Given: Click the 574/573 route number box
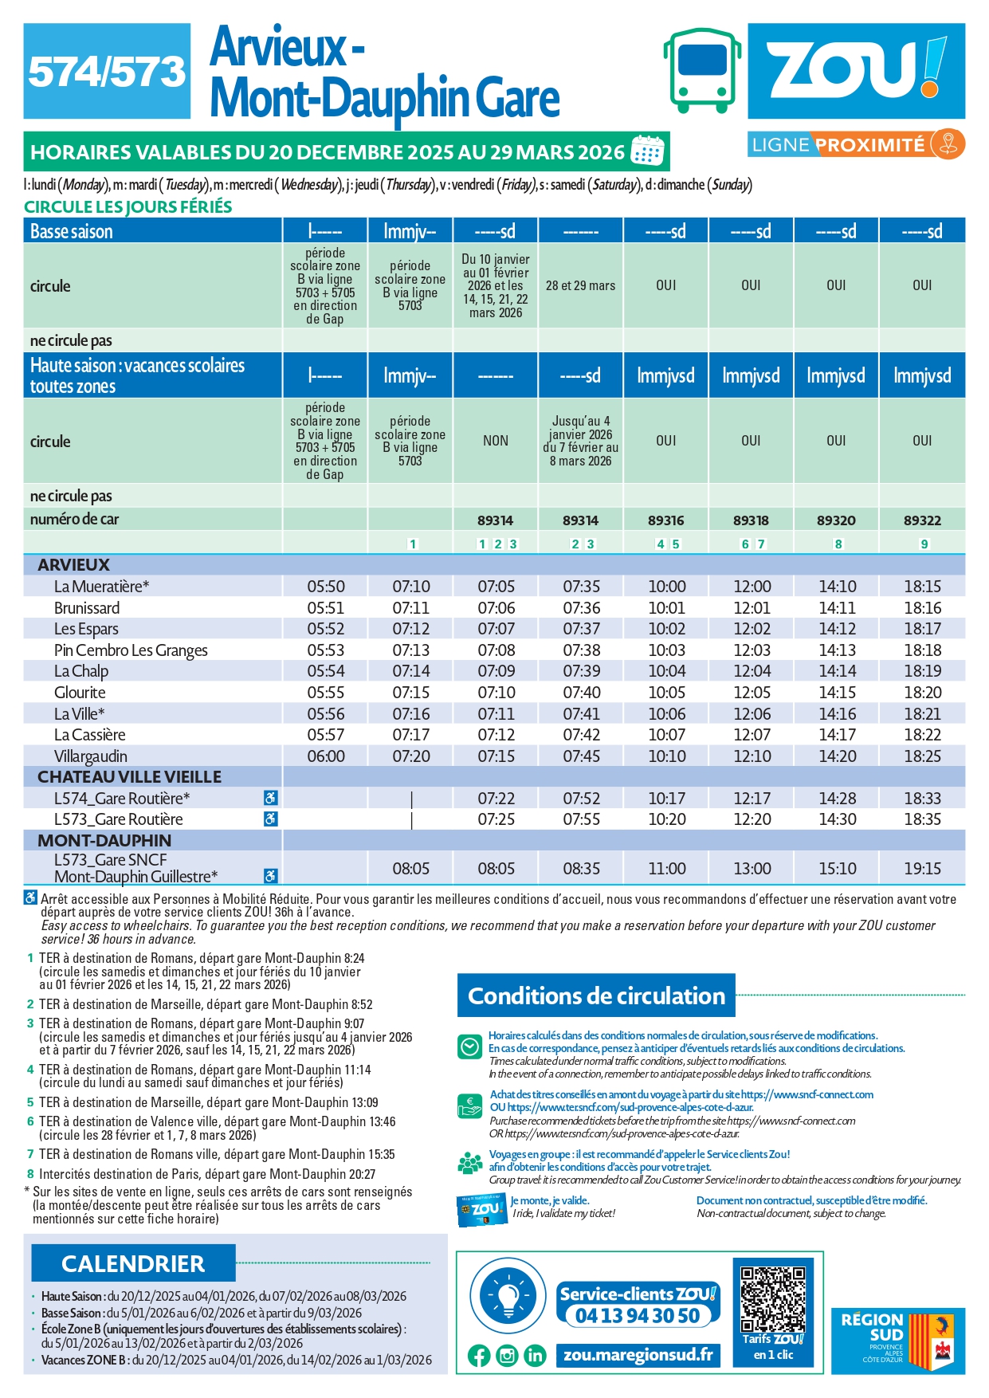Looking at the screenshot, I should point(107,72).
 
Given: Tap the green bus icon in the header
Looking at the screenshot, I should point(701,70).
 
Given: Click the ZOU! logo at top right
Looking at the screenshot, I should point(856,70).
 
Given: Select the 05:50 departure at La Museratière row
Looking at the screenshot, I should point(325,587).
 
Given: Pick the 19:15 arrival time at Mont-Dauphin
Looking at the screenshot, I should point(922,869).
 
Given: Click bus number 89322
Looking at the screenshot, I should point(922,520).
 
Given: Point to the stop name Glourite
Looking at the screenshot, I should point(80,693).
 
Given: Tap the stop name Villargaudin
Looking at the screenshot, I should point(90,756).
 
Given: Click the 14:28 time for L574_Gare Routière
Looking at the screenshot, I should point(837,799).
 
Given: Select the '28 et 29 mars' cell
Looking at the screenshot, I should point(580,285).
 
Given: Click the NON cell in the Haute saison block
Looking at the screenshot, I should point(495,441).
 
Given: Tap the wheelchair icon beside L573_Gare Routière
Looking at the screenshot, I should point(271,819).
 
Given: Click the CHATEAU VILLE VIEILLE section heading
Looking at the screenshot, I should point(129,777).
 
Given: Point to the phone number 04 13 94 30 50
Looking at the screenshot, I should point(638,1316).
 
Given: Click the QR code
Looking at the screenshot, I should point(772,1300).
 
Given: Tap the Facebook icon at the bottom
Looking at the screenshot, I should point(479,1356).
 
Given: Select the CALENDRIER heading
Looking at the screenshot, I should point(133,1264).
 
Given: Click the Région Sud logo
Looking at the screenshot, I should point(897,1341).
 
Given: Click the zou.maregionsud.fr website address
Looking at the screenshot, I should point(638,1355).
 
